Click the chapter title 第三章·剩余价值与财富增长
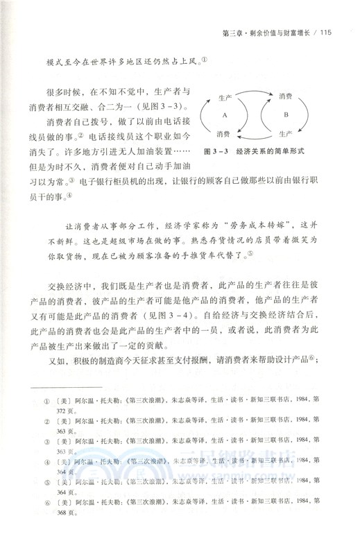262,31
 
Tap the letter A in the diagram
225,115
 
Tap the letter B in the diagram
286,115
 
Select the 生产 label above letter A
224,99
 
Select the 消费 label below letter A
223,133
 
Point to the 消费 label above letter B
286,96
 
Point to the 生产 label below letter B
286,133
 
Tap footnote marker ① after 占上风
204,60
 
